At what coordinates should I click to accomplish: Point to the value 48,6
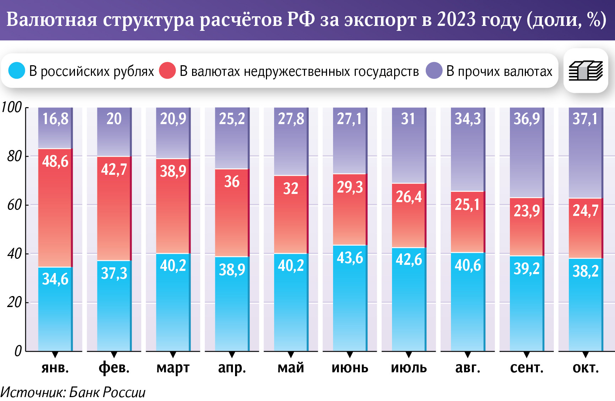click(55, 162)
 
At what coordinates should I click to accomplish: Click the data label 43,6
click(350, 258)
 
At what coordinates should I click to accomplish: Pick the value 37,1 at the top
click(586, 119)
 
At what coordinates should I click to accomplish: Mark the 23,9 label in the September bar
click(527, 211)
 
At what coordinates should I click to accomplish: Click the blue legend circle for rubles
click(16, 71)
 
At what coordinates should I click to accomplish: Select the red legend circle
click(167, 71)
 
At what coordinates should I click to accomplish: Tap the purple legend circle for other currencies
click(434, 71)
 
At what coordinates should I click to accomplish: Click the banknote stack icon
click(586, 71)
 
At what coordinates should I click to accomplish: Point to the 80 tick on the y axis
click(15, 156)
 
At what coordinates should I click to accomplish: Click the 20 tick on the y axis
click(15, 302)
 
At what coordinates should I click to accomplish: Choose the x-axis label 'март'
click(173, 368)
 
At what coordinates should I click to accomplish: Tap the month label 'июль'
click(409, 368)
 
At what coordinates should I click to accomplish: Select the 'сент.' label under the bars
click(527, 368)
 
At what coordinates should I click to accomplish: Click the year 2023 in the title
click(456, 20)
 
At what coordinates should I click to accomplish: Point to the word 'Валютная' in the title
click(52, 20)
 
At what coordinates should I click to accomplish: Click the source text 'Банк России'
click(107, 392)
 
